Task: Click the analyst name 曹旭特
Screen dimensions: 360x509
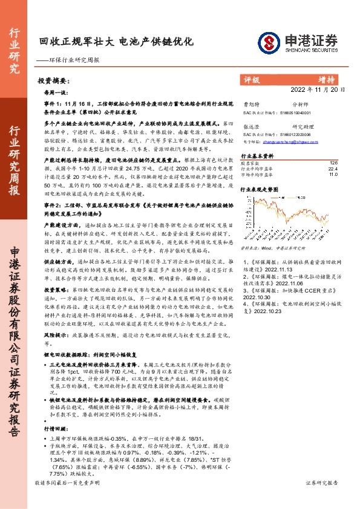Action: tap(249, 105)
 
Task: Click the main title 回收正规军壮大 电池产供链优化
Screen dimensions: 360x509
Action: tap(116, 42)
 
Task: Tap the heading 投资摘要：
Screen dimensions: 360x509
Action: tap(51, 80)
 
